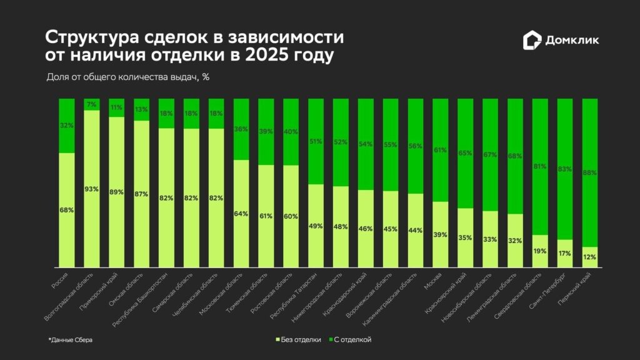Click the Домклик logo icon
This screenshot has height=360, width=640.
[532, 40]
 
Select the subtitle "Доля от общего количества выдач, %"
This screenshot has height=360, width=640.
[127, 77]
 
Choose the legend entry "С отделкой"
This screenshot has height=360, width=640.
[351, 339]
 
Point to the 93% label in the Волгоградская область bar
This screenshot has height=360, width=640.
[92, 189]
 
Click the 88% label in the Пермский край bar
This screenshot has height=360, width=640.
[590, 172]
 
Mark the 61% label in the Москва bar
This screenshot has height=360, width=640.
[441, 150]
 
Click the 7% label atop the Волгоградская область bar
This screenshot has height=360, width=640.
[92, 104]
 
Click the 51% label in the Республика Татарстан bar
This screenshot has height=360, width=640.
[316, 141]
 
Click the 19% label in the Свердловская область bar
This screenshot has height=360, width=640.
[540, 251]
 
